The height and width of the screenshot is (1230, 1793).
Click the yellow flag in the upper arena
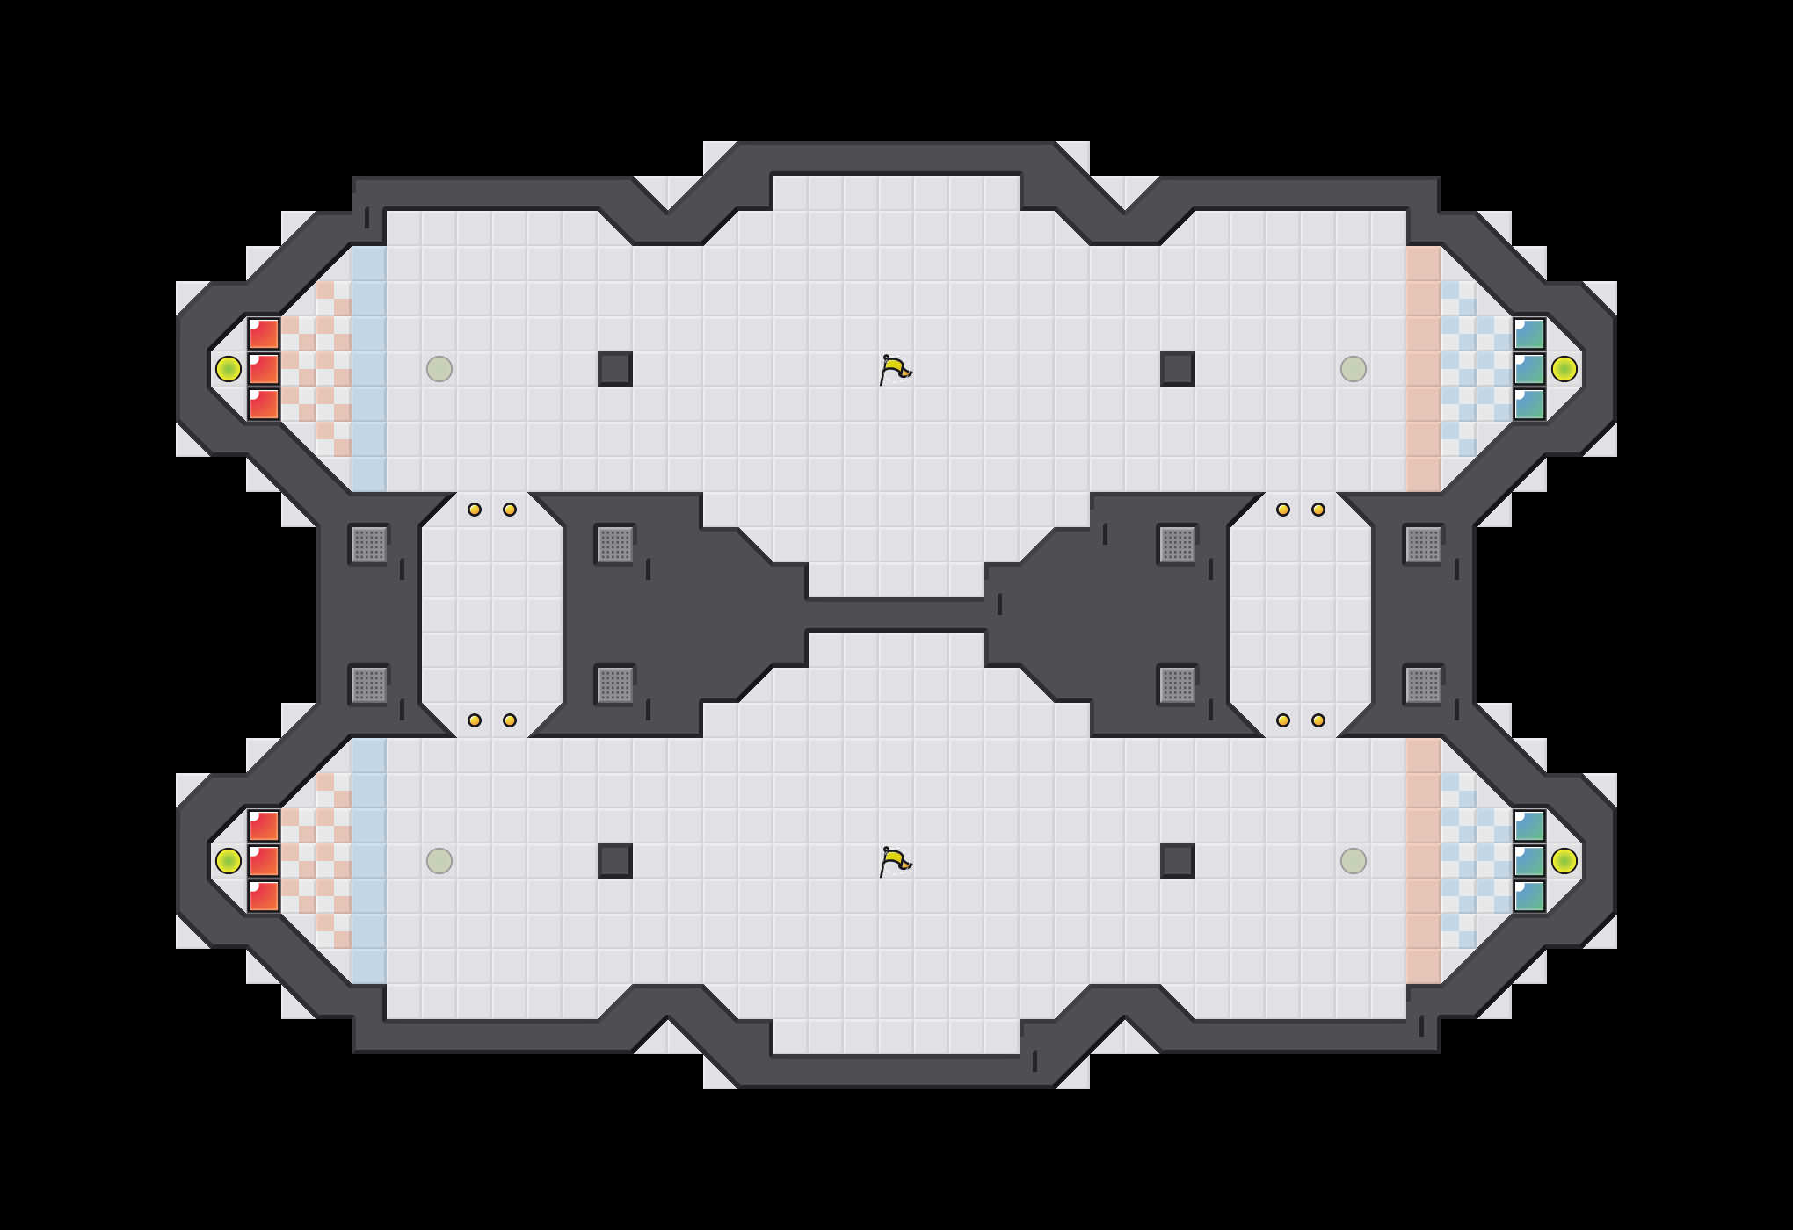pyautogui.click(x=895, y=370)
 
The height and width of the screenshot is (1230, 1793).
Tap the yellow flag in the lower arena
pyautogui.click(x=895, y=862)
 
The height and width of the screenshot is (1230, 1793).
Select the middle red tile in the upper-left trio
pyautogui.click(x=264, y=369)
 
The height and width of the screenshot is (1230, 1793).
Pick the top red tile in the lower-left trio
pyautogui.click(x=264, y=826)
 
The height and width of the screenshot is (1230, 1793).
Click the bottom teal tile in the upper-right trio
pyautogui.click(x=1529, y=404)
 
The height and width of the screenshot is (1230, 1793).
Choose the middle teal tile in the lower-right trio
pyautogui.click(x=1529, y=861)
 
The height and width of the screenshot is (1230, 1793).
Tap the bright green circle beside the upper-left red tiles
pyautogui.click(x=229, y=369)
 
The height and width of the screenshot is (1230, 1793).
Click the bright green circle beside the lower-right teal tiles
pyautogui.click(x=1564, y=861)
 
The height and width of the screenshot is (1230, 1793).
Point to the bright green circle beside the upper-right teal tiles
pyautogui.click(x=1564, y=369)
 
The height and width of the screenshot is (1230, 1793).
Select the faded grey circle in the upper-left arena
pyautogui.click(x=439, y=369)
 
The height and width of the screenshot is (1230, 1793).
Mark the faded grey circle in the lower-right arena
pyautogui.click(x=1354, y=861)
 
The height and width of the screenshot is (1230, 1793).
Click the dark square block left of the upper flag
pyautogui.click(x=615, y=369)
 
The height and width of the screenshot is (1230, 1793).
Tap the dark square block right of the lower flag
pyautogui.click(x=1178, y=861)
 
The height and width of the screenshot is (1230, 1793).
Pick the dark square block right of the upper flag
pyautogui.click(x=1178, y=369)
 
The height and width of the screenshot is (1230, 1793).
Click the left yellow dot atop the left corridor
pyautogui.click(x=475, y=510)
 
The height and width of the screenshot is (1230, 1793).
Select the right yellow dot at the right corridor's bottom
pyautogui.click(x=1318, y=720)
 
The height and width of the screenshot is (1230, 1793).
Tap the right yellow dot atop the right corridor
pyautogui.click(x=1318, y=510)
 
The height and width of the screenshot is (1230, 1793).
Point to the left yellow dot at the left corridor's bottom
pyautogui.click(x=475, y=720)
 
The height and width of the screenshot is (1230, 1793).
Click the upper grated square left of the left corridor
pyautogui.click(x=369, y=545)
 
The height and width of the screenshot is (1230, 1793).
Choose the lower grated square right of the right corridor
pyautogui.click(x=1424, y=685)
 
